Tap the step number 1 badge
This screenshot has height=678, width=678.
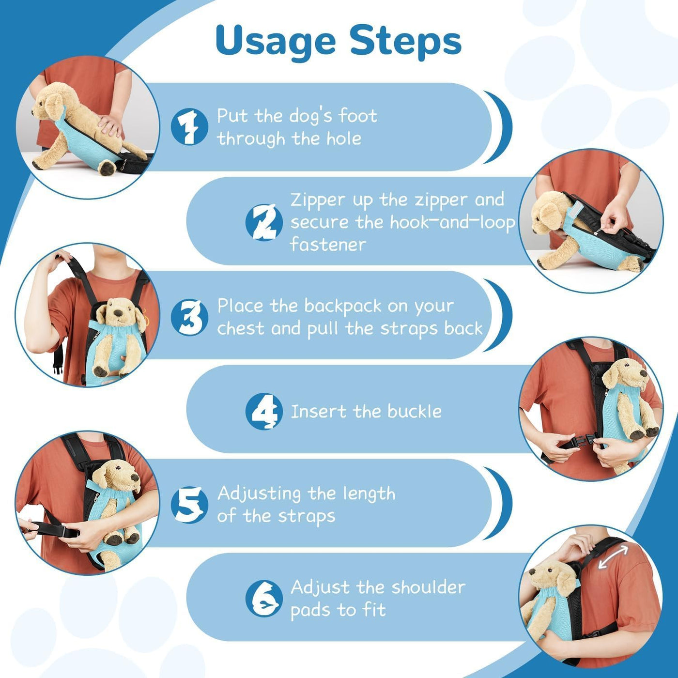coord(189,126)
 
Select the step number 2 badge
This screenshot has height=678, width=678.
coord(264,222)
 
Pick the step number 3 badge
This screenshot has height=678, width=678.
coord(189,317)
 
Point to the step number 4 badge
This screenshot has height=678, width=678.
coord(264,411)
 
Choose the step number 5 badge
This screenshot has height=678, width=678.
coord(189,505)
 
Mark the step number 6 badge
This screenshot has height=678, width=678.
coord(264,599)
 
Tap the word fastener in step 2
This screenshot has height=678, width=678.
coord(328,244)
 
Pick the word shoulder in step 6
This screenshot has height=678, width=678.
coord(428,587)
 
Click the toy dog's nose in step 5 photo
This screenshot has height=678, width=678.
coord(135,478)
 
